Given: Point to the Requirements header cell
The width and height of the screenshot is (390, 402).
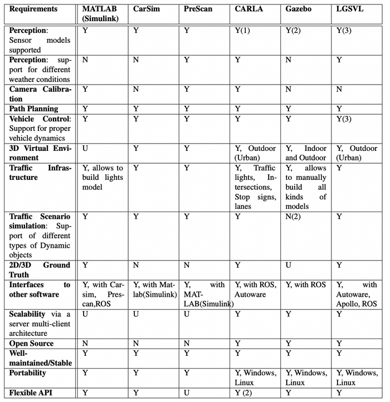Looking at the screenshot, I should click(x=33, y=9).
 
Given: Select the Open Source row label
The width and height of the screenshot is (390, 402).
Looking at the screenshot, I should click(x=32, y=343).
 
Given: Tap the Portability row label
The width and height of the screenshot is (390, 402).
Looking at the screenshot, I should click(x=31, y=373).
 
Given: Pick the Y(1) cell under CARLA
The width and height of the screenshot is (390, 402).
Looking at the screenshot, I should click(x=242, y=31).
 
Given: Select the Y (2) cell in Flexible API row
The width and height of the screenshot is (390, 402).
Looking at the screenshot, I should click(x=243, y=393).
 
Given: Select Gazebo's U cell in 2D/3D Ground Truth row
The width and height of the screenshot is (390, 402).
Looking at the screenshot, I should click(x=288, y=265).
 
